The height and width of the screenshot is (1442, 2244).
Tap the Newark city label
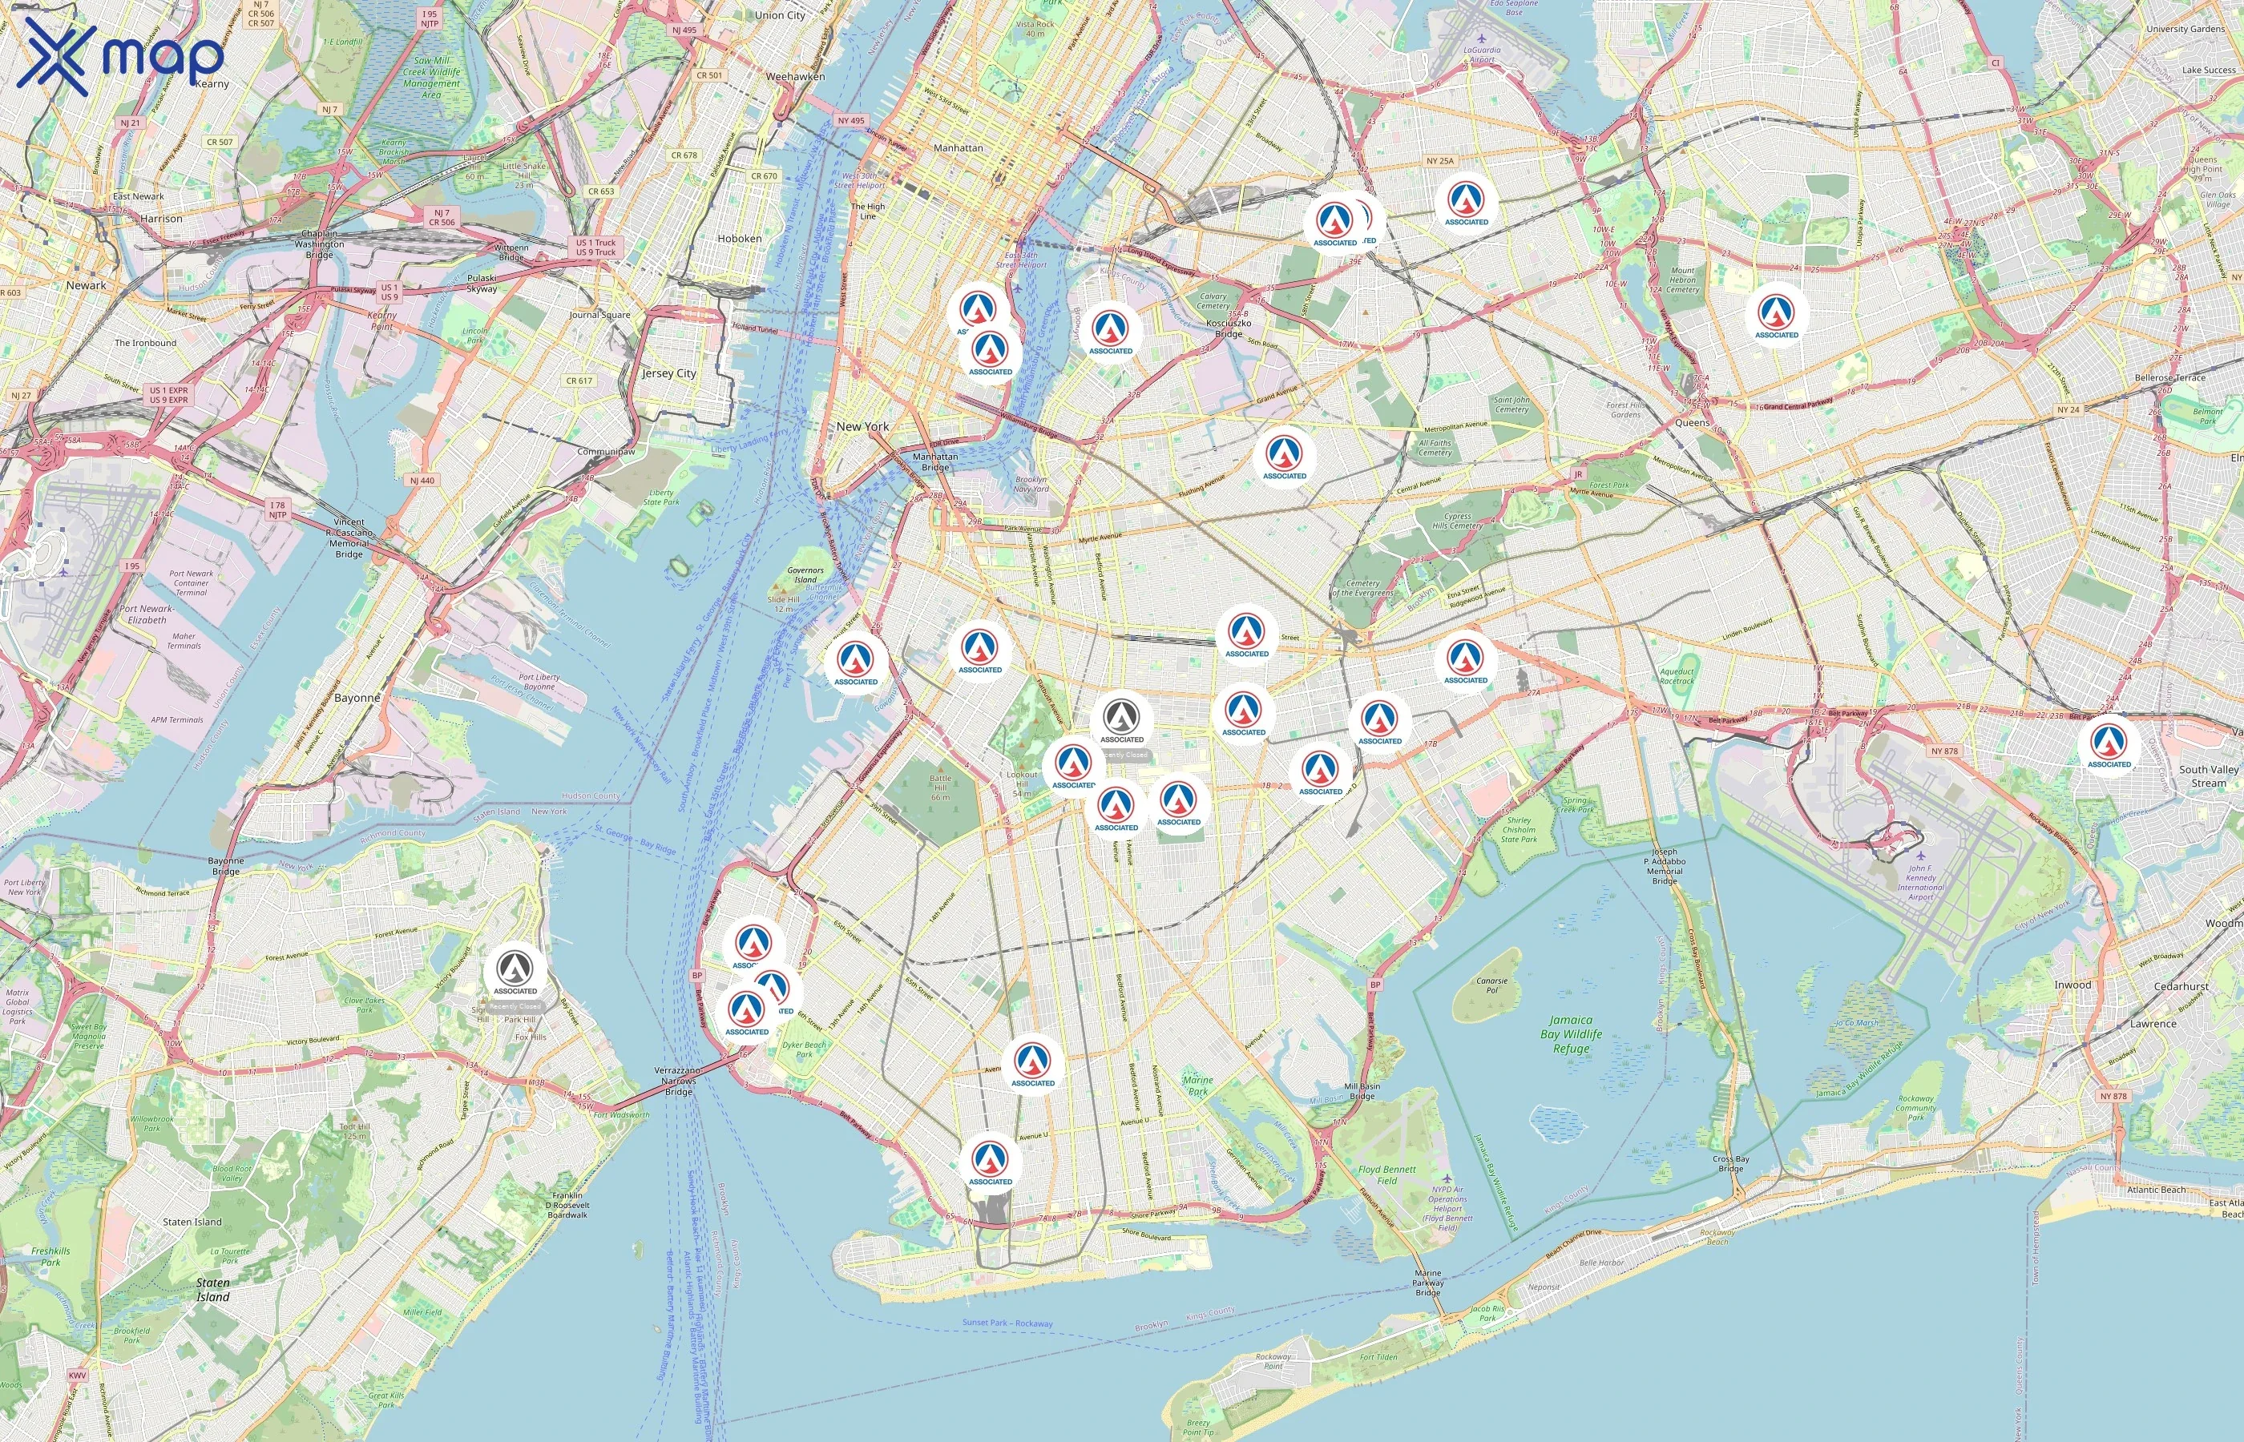(x=87, y=284)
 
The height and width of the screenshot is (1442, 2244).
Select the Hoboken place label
(x=739, y=239)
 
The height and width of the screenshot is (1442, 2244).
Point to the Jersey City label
(x=668, y=373)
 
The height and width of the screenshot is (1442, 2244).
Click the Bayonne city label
(x=357, y=698)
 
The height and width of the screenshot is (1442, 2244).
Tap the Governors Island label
(x=805, y=574)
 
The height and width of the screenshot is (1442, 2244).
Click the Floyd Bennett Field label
(x=1387, y=1175)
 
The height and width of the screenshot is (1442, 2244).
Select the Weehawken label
(x=795, y=76)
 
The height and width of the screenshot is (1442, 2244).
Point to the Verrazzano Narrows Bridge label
(x=678, y=1081)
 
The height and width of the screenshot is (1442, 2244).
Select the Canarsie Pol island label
(x=1492, y=985)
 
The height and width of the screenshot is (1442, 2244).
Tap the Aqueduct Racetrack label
(x=1677, y=676)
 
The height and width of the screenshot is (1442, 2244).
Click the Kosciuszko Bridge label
(x=1228, y=328)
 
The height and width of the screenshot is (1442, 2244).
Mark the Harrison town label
(x=161, y=218)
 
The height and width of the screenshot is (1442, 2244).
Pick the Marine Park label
(x=1198, y=1086)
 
